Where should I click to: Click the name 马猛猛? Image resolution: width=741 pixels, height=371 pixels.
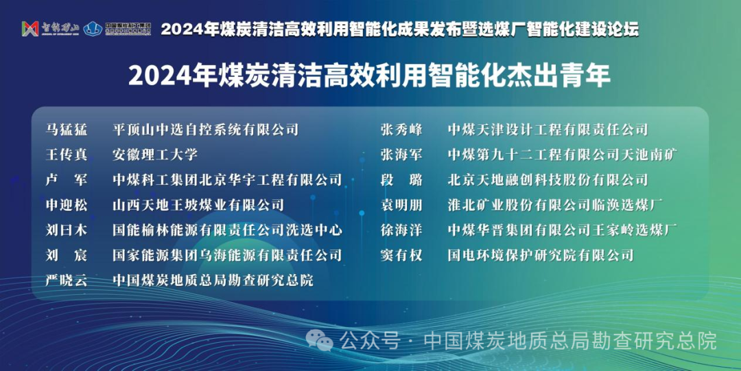pos(67,129)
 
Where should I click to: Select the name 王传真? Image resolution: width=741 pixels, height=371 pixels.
pos(67,155)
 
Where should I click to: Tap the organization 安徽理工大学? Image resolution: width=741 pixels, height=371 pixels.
pos(155,155)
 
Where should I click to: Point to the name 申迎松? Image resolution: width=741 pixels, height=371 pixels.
pos(67,205)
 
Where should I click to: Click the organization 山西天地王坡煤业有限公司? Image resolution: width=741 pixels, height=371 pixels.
pos(198,205)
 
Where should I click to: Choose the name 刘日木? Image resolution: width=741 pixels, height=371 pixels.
pos(67,230)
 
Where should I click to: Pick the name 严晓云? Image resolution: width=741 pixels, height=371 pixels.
pos(67,280)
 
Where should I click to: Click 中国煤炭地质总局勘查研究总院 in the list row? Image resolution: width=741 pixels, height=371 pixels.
pos(213,280)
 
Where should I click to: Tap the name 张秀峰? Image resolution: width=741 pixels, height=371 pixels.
pos(401,129)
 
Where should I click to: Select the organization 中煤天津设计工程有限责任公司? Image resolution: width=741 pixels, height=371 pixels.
pos(548,129)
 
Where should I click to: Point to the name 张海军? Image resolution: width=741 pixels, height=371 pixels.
pos(401,155)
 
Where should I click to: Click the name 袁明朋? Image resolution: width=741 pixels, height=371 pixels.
pos(401,205)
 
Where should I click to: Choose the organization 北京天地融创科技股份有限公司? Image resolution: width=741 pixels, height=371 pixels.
pos(548,180)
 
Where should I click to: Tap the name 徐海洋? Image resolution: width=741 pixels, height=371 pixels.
pos(401,230)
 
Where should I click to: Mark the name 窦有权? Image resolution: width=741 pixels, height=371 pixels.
pos(401,256)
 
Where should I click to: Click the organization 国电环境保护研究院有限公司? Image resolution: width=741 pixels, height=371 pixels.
pos(540,256)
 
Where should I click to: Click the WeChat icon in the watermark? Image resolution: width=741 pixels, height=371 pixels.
pos(320,339)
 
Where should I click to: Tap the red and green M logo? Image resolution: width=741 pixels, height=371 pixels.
pos(30,29)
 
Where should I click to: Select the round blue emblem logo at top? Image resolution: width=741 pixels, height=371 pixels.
pos(93,29)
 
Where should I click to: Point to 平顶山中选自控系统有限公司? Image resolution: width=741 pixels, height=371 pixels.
pos(206,129)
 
